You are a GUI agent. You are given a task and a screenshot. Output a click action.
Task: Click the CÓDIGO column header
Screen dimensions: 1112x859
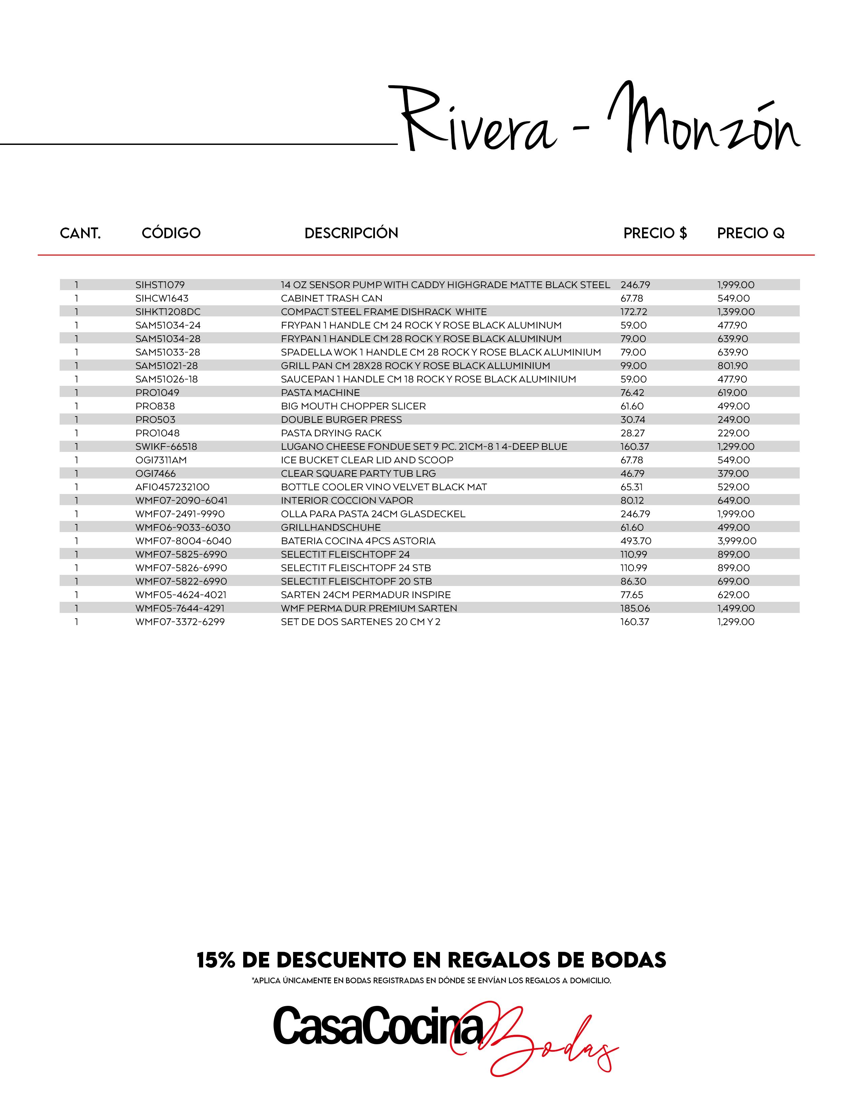pyautogui.click(x=171, y=233)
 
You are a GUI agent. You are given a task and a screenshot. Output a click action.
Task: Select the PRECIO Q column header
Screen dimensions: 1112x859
pyautogui.click(x=751, y=233)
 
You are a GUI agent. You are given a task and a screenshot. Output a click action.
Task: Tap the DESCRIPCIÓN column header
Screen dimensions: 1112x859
pyautogui.click(x=351, y=233)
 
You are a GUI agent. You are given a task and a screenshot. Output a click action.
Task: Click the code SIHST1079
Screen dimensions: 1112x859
pyautogui.click(x=160, y=285)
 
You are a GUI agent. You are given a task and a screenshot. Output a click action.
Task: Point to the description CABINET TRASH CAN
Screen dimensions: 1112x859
pyautogui.click(x=331, y=298)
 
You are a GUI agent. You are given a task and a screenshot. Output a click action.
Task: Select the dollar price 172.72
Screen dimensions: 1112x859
pyautogui.click(x=634, y=312)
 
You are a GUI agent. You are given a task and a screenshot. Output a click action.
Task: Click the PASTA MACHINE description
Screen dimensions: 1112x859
pyautogui.click(x=320, y=393)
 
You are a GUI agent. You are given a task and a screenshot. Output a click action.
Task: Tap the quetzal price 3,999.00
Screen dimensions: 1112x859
pyautogui.click(x=737, y=541)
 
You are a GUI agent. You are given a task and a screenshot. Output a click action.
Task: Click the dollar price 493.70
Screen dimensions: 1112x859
pyautogui.click(x=636, y=541)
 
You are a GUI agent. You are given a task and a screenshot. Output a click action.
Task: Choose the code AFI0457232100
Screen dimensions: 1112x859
pyautogui.click(x=172, y=487)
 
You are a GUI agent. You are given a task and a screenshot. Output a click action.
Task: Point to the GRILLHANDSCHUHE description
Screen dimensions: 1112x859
pyautogui.click(x=331, y=527)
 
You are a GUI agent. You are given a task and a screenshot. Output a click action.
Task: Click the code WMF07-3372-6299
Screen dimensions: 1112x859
pyautogui.click(x=180, y=622)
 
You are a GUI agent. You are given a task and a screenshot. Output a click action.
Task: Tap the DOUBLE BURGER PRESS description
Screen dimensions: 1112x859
pyautogui.click(x=341, y=420)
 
